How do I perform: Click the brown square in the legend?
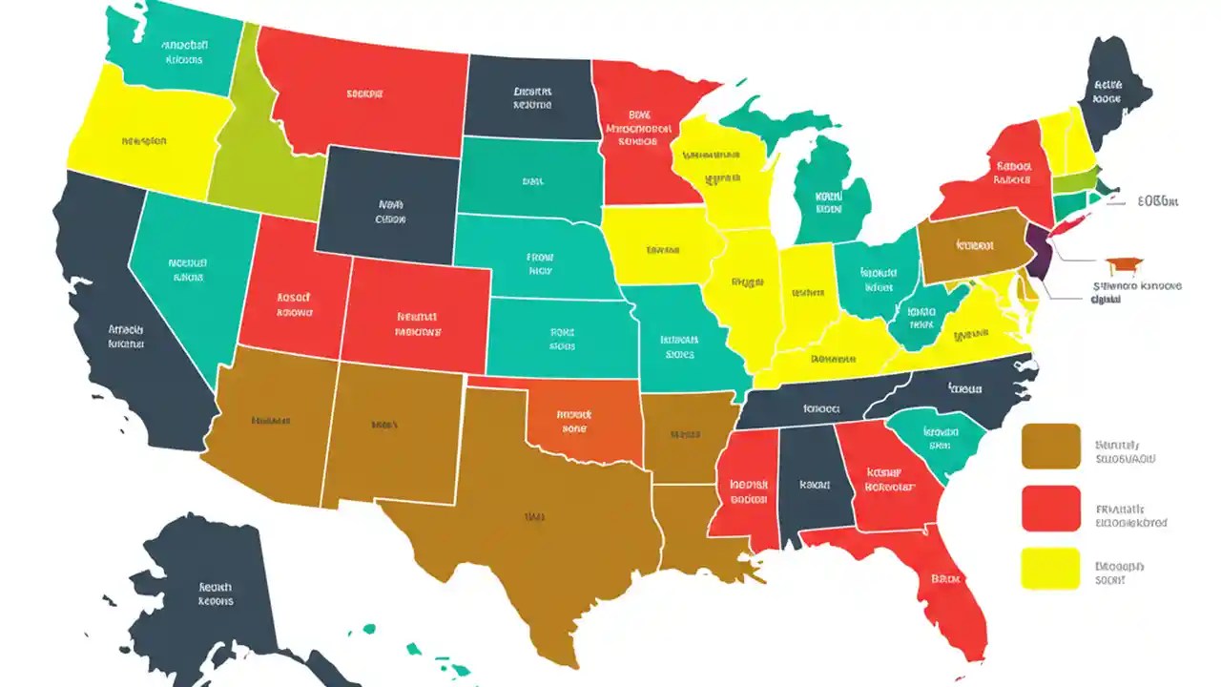[x=1050, y=447]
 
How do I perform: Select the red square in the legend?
[x=1050, y=508]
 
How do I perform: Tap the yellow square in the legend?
[x=1050, y=569]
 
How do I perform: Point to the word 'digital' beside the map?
[x=1105, y=299]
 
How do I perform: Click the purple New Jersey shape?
[x=1039, y=250]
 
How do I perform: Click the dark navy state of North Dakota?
[x=531, y=97]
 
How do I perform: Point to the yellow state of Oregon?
[x=143, y=138]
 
